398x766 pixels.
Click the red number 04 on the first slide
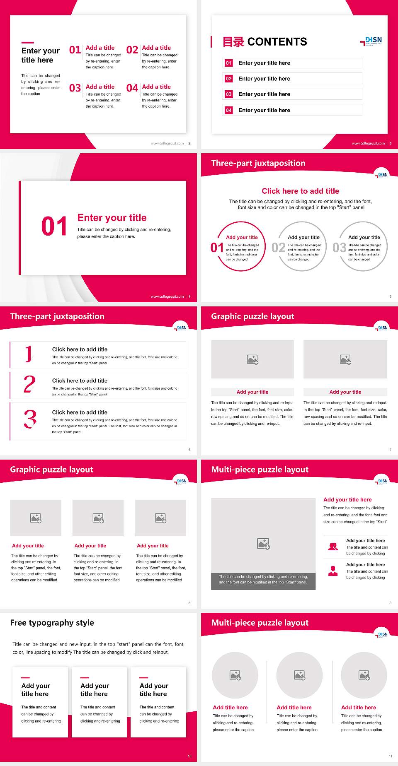[132, 88]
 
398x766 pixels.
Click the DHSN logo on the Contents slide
[371, 41]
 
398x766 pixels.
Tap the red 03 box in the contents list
[229, 94]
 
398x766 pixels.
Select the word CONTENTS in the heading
[277, 42]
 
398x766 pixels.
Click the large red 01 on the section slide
[54, 226]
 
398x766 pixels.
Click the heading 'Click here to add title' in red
[300, 191]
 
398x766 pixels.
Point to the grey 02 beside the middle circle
[278, 248]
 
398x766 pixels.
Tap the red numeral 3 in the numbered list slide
[30, 419]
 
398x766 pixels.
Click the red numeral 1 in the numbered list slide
[28, 354]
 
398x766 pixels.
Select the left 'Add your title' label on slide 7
[252, 392]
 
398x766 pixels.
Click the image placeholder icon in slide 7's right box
[345, 359]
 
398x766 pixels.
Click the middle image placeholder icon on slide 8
[98, 518]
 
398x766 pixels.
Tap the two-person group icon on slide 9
[333, 547]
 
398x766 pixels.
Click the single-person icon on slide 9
[333, 571]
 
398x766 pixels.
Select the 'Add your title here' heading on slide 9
[347, 500]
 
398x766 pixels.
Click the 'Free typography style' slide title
[52, 623]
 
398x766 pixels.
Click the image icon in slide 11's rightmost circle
[364, 675]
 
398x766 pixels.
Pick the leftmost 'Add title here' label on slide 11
[230, 708]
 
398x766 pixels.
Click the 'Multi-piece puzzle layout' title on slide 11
[260, 623]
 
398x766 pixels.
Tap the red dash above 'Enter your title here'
[27, 42]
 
